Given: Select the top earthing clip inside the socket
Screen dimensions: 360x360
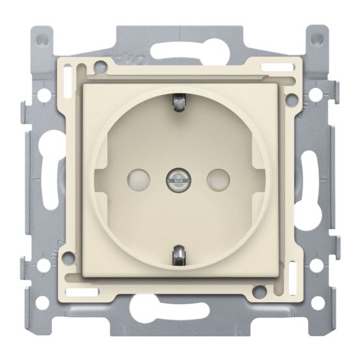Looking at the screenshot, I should pyautogui.click(x=180, y=102).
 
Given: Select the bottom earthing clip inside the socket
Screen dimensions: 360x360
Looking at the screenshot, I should pyautogui.click(x=180, y=255).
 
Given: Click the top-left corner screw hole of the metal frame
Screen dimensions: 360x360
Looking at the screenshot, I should pyautogui.click(x=42, y=38).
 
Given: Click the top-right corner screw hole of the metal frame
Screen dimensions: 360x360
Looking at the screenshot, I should pyautogui.click(x=317, y=38).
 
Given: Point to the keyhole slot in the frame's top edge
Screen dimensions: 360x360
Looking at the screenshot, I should pyautogui.click(x=180, y=49).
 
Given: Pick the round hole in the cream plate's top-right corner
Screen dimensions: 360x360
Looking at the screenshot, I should pyautogui.click(x=292, y=100).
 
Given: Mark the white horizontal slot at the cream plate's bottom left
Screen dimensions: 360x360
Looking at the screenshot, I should pyautogui.click(x=85, y=290).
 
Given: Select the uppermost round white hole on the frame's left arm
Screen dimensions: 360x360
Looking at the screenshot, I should pyautogui.click(x=42, y=93).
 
